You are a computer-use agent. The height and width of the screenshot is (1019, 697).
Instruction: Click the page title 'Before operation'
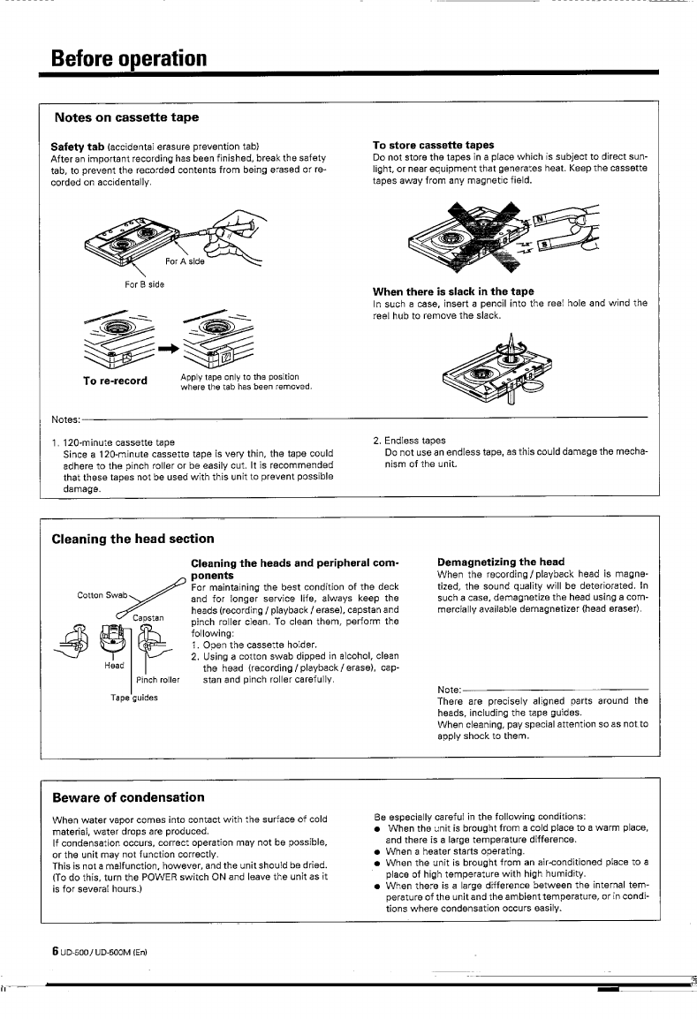coord(129,58)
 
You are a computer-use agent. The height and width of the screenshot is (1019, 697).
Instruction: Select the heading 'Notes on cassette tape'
coord(126,117)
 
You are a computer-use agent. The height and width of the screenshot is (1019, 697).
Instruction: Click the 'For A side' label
coord(185,261)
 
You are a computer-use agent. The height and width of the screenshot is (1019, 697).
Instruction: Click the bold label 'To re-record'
coord(115,381)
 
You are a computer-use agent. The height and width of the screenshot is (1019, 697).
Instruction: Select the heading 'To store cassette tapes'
coord(433,145)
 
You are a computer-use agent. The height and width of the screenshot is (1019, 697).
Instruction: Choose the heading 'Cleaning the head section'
coord(133,538)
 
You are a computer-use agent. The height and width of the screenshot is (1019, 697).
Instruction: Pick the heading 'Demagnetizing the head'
coord(501,562)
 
